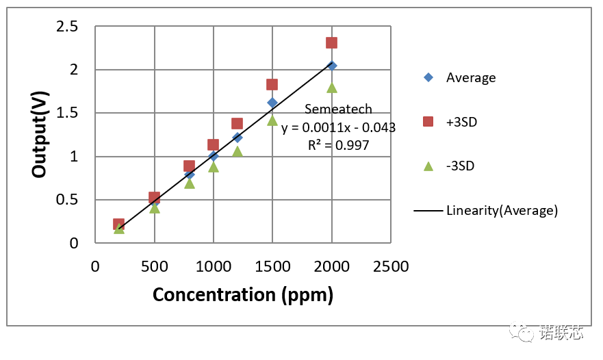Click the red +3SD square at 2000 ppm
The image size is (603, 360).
(x=331, y=42)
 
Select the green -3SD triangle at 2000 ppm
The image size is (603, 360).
(x=332, y=87)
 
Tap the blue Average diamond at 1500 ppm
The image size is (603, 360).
(x=272, y=103)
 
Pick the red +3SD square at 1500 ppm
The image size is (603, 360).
(x=272, y=84)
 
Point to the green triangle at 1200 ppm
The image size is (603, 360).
(x=237, y=151)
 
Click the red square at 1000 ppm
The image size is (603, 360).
(x=213, y=144)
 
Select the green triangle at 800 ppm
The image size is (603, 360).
(x=190, y=183)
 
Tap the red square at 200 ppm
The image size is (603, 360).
(x=118, y=224)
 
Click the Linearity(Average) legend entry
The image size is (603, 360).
(x=487, y=210)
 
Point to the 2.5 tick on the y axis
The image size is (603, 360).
(x=67, y=26)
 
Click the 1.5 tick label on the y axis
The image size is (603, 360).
(x=67, y=113)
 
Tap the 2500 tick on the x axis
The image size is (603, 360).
(x=391, y=266)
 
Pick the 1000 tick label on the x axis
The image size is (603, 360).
(x=213, y=266)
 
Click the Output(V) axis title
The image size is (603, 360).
(x=40, y=135)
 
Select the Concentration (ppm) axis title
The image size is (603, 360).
(x=243, y=294)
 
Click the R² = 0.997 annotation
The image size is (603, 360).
(x=338, y=145)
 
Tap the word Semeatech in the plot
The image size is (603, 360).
(x=338, y=109)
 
